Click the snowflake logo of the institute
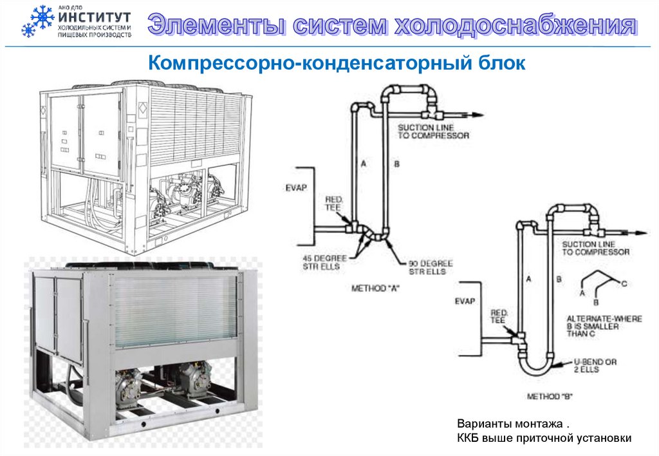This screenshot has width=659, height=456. coord(37,21)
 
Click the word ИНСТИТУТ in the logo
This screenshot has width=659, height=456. coord(93,17)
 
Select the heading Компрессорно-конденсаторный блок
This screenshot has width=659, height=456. coord(337,63)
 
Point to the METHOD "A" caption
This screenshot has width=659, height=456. coord(376,288)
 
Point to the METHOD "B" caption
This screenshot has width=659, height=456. coord(550,397)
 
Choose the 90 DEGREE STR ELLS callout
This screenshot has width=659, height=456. coord(431,267)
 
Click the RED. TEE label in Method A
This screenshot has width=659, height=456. coord(334,204)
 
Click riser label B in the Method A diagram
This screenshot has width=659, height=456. coord(396,165)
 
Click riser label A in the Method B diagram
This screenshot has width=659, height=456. coord(528,280)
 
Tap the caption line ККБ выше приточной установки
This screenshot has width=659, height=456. coord(544,438)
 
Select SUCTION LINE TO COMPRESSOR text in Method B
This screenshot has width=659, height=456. coord(595,248)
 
